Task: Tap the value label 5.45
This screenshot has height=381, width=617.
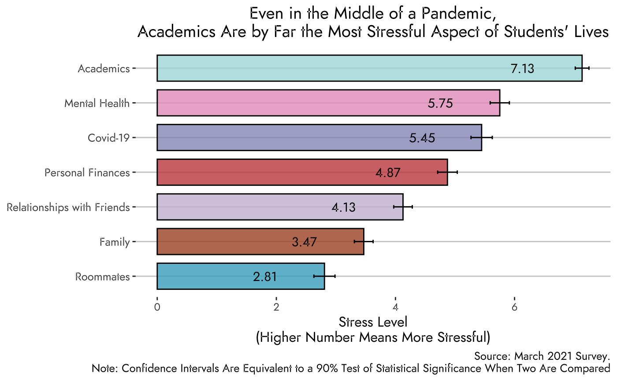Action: [x=422, y=138]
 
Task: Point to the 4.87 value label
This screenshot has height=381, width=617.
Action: [x=388, y=173]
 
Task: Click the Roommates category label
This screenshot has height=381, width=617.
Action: [x=103, y=277]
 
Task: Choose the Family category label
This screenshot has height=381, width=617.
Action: [x=115, y=242]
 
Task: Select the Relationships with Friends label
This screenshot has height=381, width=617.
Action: [x=68, y=207]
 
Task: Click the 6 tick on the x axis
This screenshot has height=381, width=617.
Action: [x=514, y=307]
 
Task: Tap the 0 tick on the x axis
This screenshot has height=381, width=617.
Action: [x=157, y=307]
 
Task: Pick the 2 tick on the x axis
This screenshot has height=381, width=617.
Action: [x=276, y=307]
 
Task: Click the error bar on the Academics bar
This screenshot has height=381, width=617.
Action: [x=582, y=68]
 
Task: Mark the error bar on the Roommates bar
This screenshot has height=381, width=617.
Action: [x=324, y=276]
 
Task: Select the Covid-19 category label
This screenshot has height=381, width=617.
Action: [x=109, y=138]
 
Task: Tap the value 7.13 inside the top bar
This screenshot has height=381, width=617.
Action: [x=522, y=69]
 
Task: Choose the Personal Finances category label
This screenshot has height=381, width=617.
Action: [x=87, y=172]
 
